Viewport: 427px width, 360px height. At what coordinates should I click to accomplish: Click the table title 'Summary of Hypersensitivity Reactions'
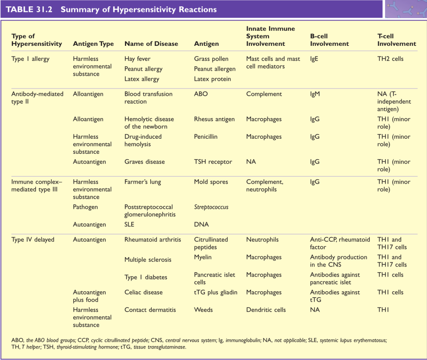[138, 9]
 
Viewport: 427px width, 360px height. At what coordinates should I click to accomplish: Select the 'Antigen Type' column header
[93, 44]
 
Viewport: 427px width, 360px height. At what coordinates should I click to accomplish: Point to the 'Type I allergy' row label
[30, 59]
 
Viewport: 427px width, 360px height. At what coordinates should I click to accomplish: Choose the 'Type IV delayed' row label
[33, 239]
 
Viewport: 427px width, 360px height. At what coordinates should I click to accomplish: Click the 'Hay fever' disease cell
[137, 59]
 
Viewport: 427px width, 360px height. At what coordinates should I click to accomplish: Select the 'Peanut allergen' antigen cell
[215, 69]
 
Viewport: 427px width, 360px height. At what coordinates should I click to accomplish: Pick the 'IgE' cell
[314, 59]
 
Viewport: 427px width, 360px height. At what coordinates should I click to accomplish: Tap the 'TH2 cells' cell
[390, 59]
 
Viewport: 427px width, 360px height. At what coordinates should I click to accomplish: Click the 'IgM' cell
[315, 94]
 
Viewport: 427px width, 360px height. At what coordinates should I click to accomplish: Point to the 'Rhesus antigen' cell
[214, 119]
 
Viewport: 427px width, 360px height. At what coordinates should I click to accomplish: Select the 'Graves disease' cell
[144, 162]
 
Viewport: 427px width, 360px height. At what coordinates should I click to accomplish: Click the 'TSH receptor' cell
[213, 162]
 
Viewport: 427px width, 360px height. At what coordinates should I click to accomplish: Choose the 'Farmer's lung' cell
[143, 182]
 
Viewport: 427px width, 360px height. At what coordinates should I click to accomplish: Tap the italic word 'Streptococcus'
[211, 207]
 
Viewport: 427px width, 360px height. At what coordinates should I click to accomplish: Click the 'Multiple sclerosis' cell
[148, 260]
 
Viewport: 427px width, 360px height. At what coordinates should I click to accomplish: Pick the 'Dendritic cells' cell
[266, 310]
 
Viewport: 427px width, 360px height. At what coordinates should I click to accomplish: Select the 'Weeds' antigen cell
[203, 310]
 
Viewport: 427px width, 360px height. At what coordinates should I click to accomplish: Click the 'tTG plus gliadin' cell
[215, 292]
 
